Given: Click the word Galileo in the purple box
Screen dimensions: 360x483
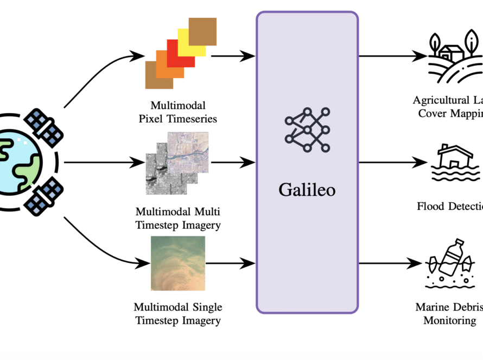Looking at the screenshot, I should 307,190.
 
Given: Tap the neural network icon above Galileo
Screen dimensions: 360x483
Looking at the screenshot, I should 307,130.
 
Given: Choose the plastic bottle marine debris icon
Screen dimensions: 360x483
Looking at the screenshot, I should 454,266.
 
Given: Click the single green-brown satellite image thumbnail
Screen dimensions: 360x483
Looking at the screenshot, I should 178,263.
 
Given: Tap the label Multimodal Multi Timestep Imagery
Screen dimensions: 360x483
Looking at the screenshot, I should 178,218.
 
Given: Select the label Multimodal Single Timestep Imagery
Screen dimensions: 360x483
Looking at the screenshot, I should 178,314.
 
